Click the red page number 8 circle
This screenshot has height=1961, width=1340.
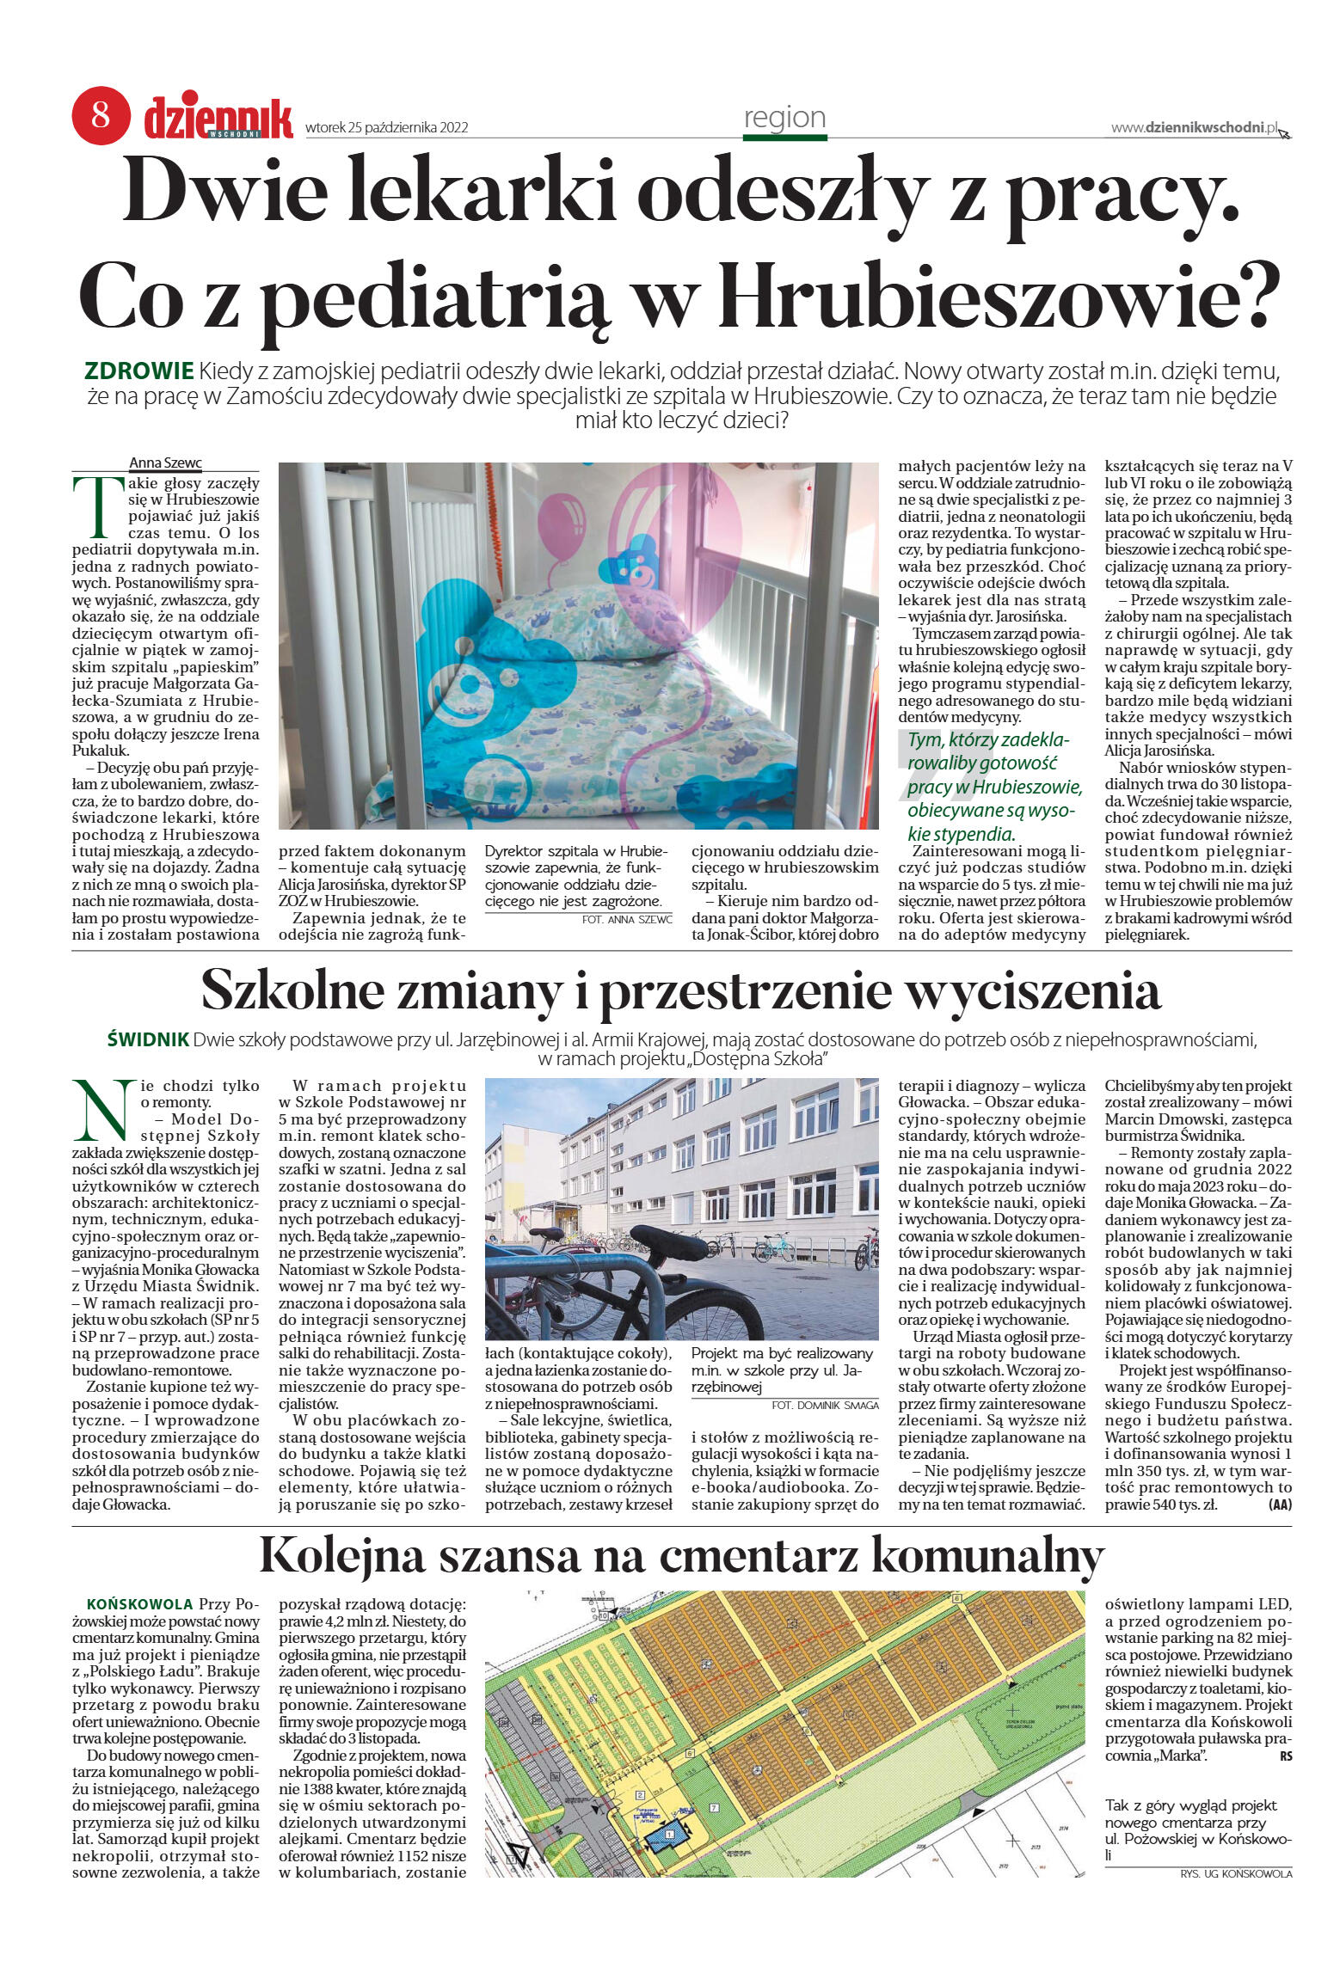[101, 115]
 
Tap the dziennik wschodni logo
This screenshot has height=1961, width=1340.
[218, 119]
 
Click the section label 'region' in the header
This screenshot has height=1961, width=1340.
[784, 118]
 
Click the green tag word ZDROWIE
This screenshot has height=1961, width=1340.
[138, 372]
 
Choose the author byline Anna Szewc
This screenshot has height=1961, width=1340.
[165, 463]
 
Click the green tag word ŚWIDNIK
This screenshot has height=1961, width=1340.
[147, 1040]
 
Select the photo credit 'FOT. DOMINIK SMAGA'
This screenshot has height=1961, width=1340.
[825, 1406]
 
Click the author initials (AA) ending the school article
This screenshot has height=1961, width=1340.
[1279, 1504]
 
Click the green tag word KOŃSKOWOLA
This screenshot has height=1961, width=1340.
[139, 1605]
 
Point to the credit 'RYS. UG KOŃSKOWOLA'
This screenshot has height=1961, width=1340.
[1236, 1873]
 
